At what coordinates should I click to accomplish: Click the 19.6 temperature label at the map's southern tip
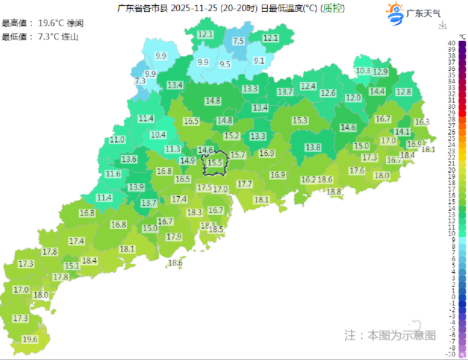(x=30, y=340)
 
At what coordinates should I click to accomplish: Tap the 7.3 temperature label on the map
(x=141, y=80)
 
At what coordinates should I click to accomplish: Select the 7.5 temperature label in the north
(x=238, y=42)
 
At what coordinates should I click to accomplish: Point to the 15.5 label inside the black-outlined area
(x=215, y=162)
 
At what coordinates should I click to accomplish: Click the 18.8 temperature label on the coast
(x=334, y=192)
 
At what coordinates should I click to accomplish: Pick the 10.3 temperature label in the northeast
(x=363, y=71)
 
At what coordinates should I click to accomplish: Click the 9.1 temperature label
(x=259, y=61)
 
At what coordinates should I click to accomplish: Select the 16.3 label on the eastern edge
(x=422, y=122)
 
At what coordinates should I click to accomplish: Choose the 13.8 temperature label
(x=313, y=147)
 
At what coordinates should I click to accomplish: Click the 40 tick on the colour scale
(x=453, y=43)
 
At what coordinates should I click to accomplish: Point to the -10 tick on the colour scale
(x=453, y=353)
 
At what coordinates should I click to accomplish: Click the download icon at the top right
(x=442, y=26)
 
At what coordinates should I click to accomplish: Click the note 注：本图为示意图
(x=390, y=335)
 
